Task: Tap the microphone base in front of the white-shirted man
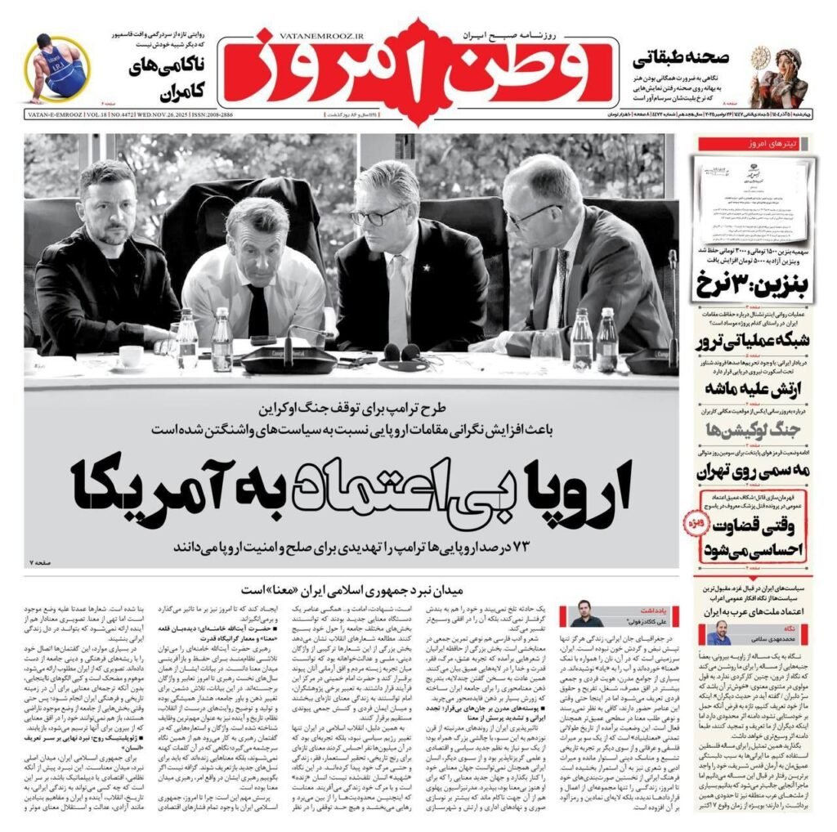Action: (289, 360)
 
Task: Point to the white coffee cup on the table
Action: (130, 356)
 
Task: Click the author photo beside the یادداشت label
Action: (585, 613)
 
